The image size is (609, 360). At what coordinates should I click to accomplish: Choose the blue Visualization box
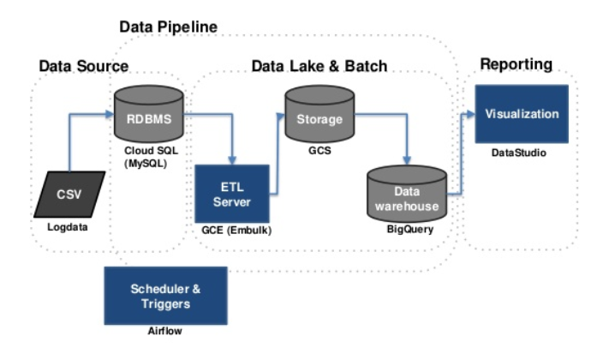coord(522,114)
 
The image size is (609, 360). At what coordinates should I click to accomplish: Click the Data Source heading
coord(84,65)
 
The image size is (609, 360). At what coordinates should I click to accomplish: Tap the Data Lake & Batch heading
coord(319,65)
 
